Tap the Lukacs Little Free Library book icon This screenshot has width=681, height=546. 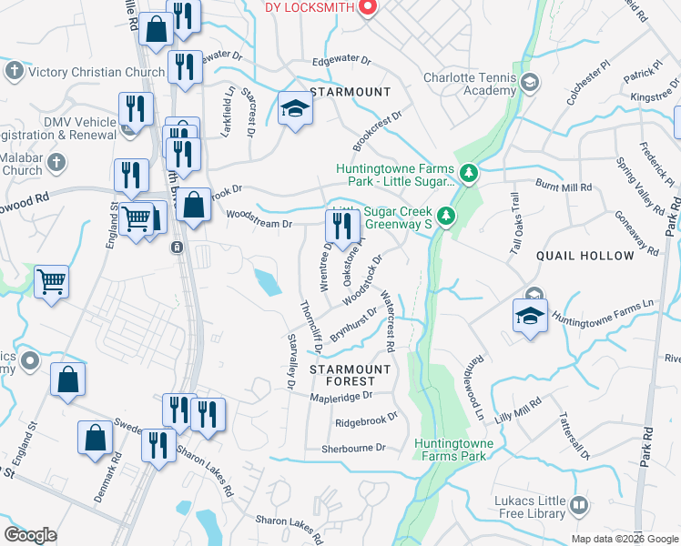(x=578, y=503)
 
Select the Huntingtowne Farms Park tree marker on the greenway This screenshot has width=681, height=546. (x=469, y=172)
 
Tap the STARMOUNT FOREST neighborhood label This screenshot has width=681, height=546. (x=350, y=375)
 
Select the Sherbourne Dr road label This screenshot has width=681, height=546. (x=354, y=449)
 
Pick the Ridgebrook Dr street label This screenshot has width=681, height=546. (x=366, y=420)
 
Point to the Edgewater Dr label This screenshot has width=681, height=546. (x=341, y=62)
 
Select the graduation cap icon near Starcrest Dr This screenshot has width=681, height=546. (x=295, y=110)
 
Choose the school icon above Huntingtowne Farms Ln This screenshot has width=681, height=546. (x=531, y=316)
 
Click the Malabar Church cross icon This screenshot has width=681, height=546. (x=56, y=163)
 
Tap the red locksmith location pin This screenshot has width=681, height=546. (x=368, y=7)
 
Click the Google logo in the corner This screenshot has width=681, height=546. (x=30, y=535)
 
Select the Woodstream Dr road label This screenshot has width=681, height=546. (x=259, y=223)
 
